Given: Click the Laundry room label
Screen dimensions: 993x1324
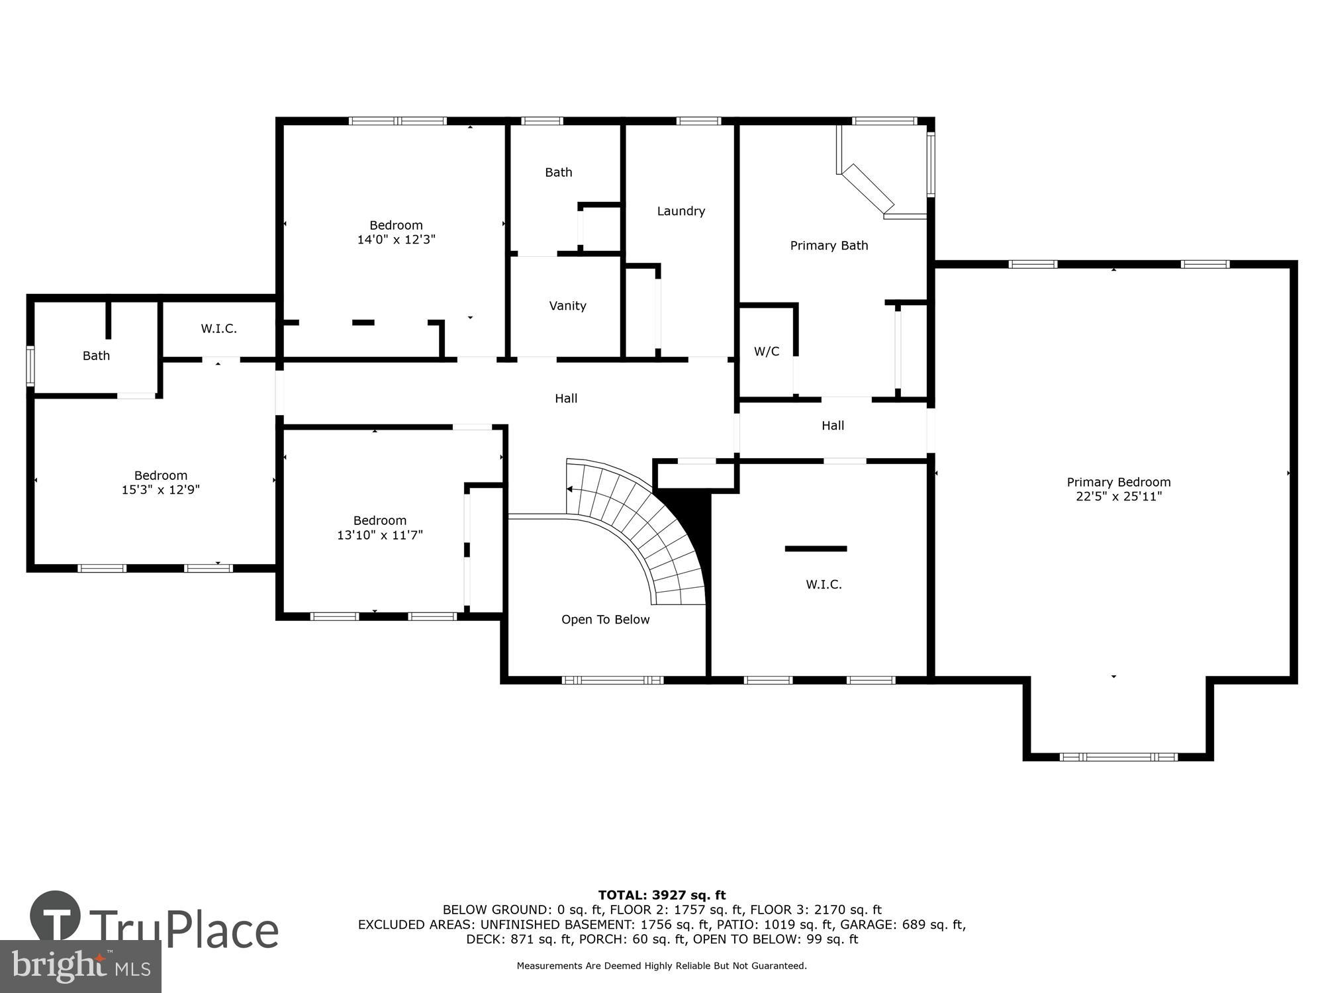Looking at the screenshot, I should (681, 211).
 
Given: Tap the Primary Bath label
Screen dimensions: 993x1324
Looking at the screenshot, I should (829, 246).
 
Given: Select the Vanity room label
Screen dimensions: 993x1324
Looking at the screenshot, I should (567, 306).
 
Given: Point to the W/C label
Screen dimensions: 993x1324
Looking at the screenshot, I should (767, 352).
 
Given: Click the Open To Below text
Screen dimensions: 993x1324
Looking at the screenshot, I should (605, 620).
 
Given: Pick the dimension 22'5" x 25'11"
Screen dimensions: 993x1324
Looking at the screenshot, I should (1119, 496).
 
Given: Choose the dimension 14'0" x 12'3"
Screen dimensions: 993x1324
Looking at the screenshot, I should (396, 240).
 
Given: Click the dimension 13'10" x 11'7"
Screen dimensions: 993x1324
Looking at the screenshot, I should (379, 535).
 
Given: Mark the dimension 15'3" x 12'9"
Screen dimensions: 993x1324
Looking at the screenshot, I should (161, 490).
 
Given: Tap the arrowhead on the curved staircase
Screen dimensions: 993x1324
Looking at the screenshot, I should (569, 489).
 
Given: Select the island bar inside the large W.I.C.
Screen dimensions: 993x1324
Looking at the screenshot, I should (816, 548).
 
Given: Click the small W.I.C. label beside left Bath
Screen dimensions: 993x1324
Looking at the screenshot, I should (218, 329).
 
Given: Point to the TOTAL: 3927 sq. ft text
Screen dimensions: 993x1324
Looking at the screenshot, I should (661, 895).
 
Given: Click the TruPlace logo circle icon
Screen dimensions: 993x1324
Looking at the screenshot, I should (56, 916).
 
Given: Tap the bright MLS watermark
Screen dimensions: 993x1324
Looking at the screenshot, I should (81, 967).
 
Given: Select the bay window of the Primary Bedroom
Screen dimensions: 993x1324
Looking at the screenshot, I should (1118, 757).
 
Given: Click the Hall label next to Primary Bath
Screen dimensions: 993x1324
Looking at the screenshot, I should (832, 426).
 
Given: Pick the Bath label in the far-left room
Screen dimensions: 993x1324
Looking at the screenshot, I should (96, 356).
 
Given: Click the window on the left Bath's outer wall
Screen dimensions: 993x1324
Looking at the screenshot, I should (30, 366).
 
